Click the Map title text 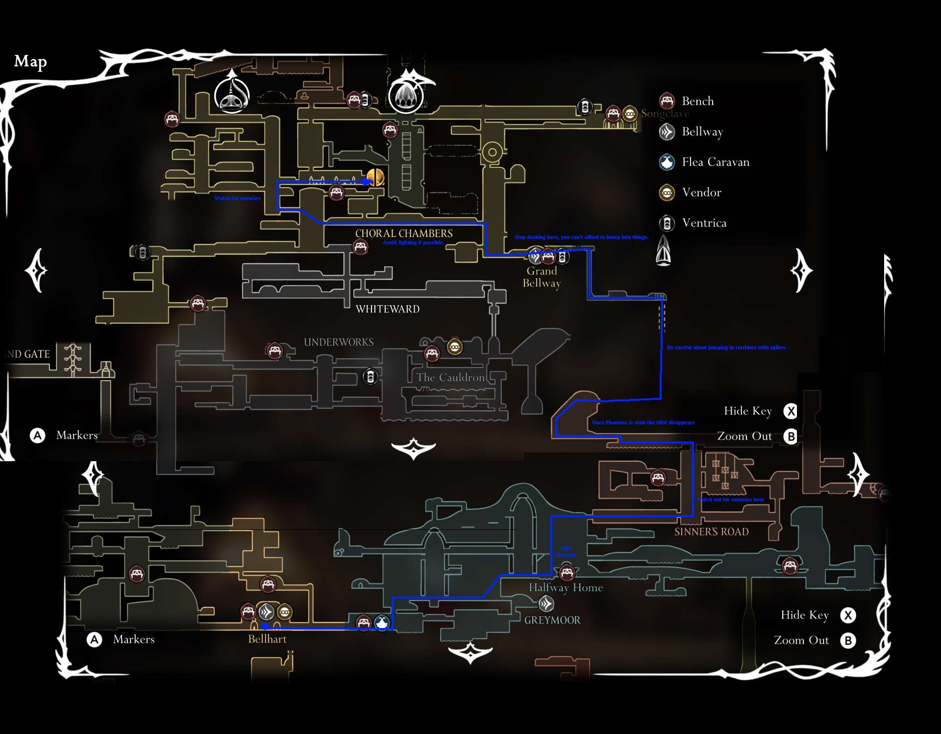[30, 61]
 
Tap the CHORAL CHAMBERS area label [404, 234]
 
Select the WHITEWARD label [387, 309]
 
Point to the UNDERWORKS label [339, 342]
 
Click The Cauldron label [450, 377]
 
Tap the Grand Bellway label [542, 277]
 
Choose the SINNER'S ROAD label [711, 532]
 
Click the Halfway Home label [566, 588]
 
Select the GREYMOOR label [552, 620]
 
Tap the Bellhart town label [267, 639]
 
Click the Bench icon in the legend [667, 101]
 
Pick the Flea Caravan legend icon [667, 162]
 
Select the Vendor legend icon [667, 192]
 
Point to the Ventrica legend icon [667, 223]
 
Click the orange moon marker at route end [375, 178]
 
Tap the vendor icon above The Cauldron [455, 347]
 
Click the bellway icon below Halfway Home [546, 603]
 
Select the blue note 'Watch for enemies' [237, 198]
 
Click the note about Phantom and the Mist [643, 422]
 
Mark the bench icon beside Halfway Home [567, 572]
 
